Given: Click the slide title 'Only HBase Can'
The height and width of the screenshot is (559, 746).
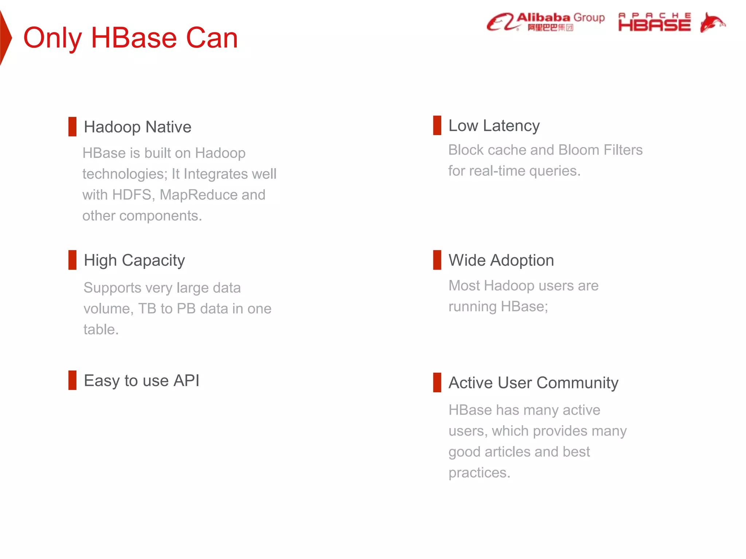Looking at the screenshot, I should tap(130, 38).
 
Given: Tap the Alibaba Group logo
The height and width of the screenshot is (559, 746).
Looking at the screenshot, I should tap(546, 22).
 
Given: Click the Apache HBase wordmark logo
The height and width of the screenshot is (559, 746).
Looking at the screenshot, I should tap(654, 23).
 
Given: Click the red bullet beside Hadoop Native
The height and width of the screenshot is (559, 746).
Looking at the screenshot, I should tap(72, 127).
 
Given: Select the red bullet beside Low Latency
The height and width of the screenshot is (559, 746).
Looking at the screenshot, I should tap(437, 125).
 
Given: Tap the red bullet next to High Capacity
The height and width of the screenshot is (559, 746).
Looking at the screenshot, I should tap(72, 260).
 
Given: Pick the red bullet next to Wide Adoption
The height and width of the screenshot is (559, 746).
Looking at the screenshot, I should tap(437, 260).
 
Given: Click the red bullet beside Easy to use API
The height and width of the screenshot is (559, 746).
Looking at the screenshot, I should tap(72, 380).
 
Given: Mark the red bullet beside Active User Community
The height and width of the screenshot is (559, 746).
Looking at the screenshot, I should tap(437, 382).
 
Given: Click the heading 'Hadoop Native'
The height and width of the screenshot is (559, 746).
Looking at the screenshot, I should tap(137, 127).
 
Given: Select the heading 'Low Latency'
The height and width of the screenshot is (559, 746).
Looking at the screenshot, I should tap(494, 126).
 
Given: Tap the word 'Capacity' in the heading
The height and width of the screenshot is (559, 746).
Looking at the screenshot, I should tap(153, 261).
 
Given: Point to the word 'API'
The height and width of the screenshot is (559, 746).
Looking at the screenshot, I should tap(186, 381).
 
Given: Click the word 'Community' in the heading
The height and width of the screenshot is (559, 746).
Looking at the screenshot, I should tap(577, 383).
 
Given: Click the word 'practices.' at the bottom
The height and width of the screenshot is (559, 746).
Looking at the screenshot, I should tap(479, 473).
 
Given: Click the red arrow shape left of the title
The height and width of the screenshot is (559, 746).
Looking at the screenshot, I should tap(5, 38).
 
